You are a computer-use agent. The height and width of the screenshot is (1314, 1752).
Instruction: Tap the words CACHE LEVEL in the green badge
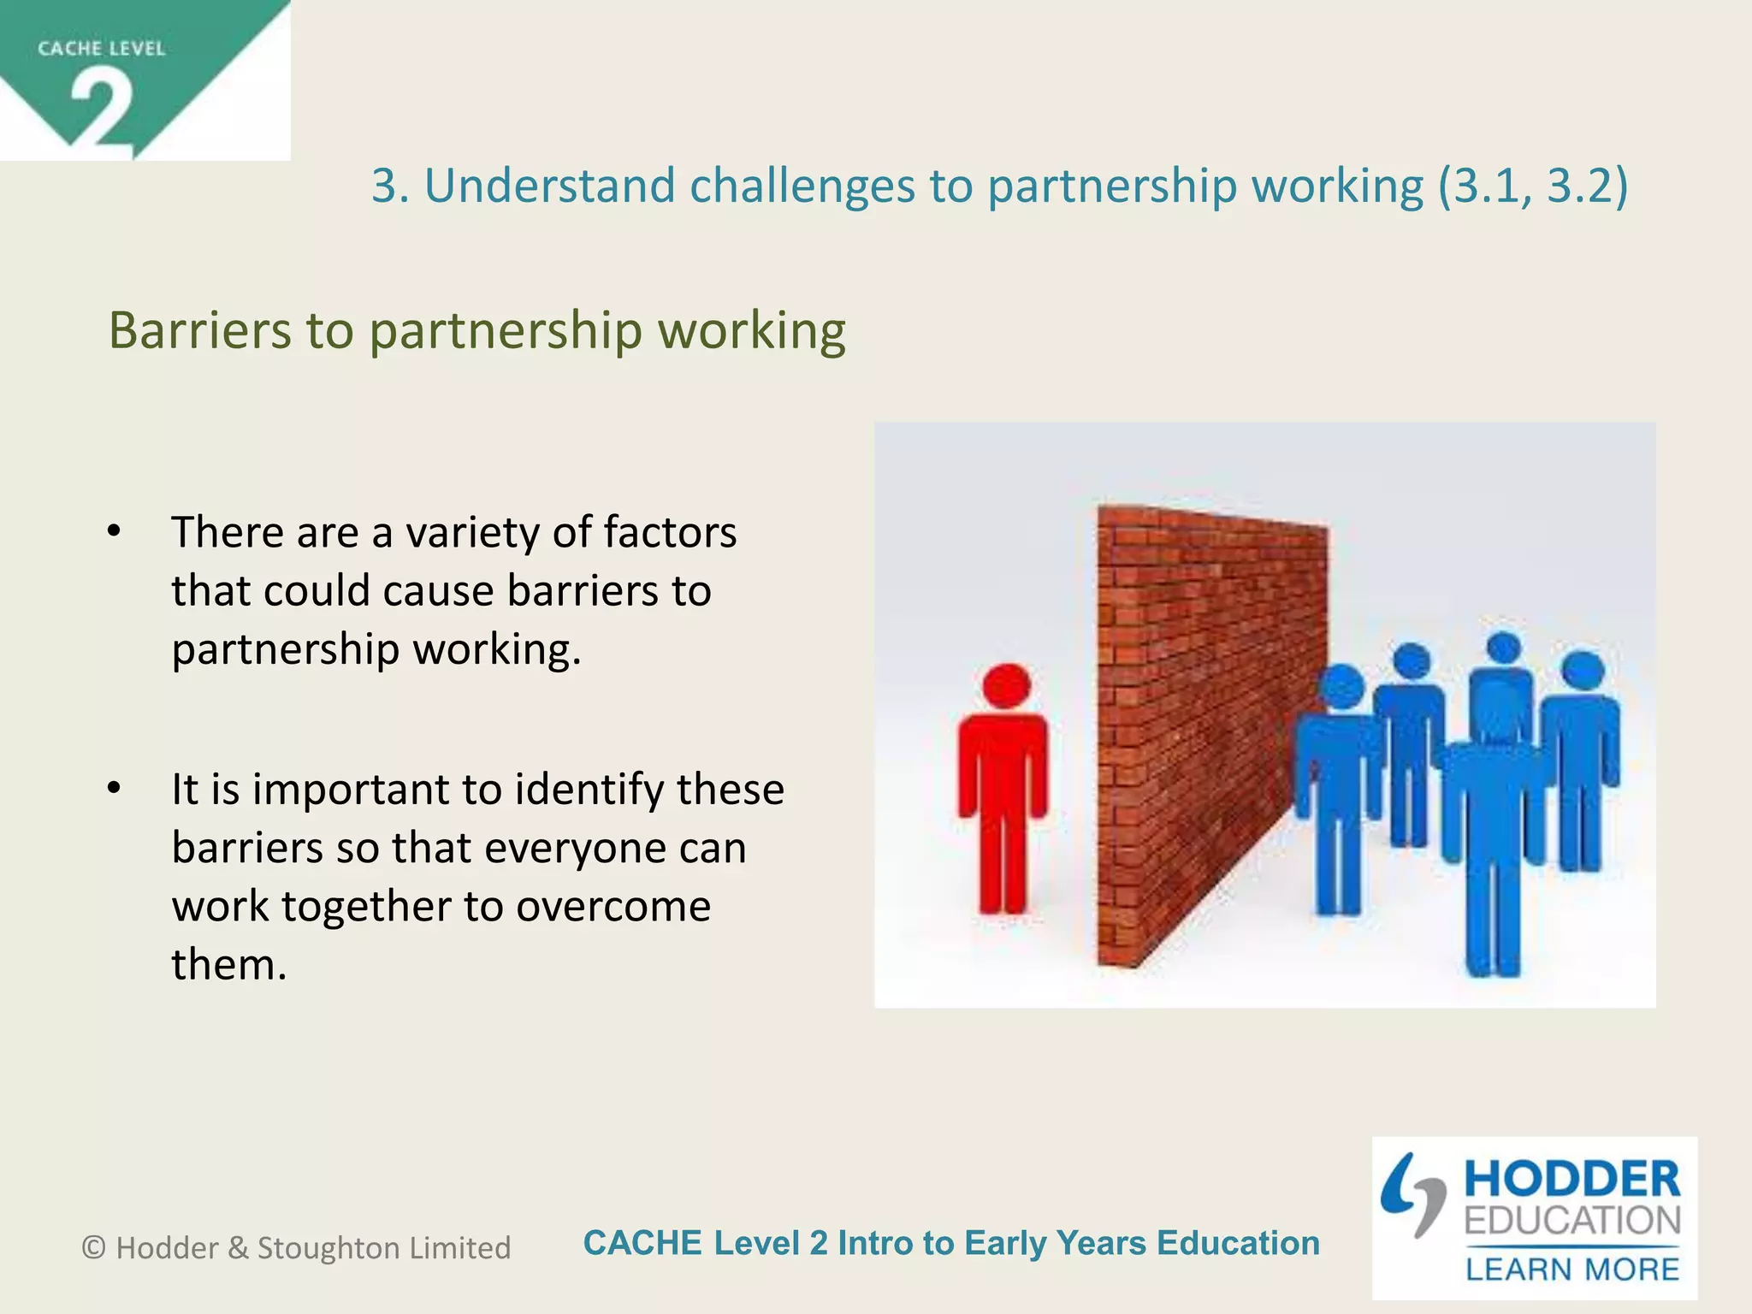[101, 49]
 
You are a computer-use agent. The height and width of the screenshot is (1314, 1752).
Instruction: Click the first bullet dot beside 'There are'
[115, 531]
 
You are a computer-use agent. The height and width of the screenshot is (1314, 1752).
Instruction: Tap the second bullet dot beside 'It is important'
[115, 788]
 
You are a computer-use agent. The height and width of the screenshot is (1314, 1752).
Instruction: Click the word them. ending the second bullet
[228, 964]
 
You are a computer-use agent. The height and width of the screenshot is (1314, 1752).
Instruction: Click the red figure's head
[1006, 685]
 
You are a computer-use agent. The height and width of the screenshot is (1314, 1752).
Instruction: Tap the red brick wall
[1206, 727]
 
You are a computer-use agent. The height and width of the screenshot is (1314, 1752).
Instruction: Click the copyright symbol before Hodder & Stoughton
[93, 1248]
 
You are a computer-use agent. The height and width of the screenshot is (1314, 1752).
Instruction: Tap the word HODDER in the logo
[1572, 1180]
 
